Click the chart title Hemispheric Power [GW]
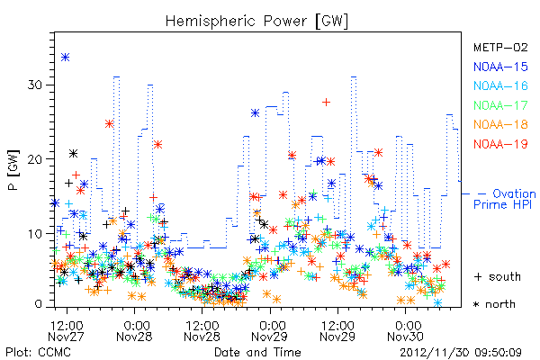tap(256, 22)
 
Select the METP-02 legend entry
tap(500, 47)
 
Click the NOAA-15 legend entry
tap(500, 67)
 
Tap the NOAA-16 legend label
tap(500, 85)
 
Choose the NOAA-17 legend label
tap(500, 105)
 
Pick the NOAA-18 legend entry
tap(500, 124)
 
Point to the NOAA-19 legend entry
tap(500, 144)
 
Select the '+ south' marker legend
tap(498, 276)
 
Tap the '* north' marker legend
tap(494, 304)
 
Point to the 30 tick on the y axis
tap(35, 85)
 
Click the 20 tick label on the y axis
tap(35, 159)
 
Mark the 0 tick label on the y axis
tap(38, 304)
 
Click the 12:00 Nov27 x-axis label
tap(66, 331)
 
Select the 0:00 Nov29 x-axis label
tap(270, 331)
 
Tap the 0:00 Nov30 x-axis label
tap(405, 331)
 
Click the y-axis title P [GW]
tap(14, 170)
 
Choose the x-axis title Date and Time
tap(257, 353)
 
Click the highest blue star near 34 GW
tap(66, 57)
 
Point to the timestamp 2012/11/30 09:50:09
tap(461, 353)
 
